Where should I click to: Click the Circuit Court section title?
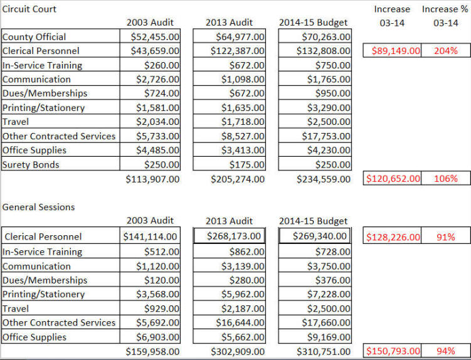[29, 9]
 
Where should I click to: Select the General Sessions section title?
[38, 207]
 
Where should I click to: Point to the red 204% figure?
[446, 50]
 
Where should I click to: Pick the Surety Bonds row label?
[31, 165]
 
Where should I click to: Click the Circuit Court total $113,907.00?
[152, 179]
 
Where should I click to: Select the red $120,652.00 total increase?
[393, 179]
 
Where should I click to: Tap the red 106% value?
[446, 179]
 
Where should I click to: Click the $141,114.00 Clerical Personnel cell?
[150, 236]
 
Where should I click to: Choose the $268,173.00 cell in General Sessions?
[234, 236]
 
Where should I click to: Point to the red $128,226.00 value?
[393, 237]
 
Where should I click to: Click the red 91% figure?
[446, 237]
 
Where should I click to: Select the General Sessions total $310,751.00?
[324, 352]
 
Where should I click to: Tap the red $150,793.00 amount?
[393, 351]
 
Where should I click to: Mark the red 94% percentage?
[446, 351]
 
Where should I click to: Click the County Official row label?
[34, 36]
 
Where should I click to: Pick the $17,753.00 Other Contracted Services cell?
[326, 136]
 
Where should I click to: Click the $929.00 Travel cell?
[162, 309]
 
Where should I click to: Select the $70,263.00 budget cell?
[326, 36]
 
